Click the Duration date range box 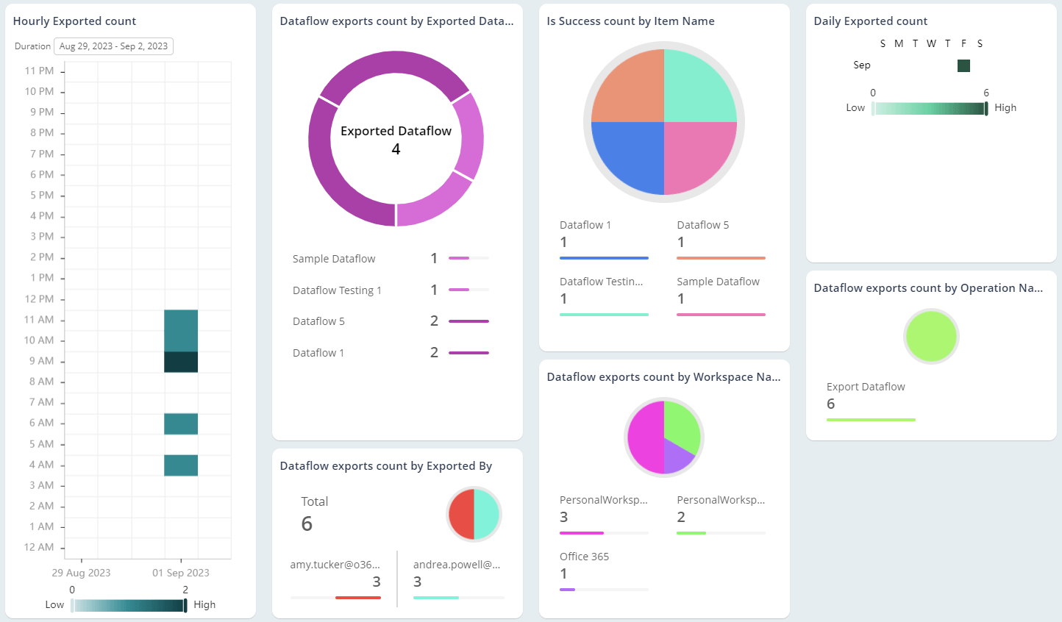click(x=113, y=46)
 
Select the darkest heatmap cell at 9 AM click(x=181, y=362)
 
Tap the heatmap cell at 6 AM click(x=181, y=424)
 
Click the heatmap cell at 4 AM click(x=181, y=465)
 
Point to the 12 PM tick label click(x=39, y=299)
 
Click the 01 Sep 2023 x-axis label click(x=181, y=573)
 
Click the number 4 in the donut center click(x=396, y=149)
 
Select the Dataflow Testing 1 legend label click(x=337, y=290)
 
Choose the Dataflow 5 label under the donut click(x=318, y=321)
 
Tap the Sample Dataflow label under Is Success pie click(x=718, y=282)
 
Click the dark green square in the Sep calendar click(x=963, y=66)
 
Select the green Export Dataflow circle click(x=931, y=336)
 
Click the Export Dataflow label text click(x=866, y=387)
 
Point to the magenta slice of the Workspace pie click(x=644, y=438)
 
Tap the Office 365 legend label click(x=584, y=557)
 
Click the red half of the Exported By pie click(x=462, y=514)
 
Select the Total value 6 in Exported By click(x=307, y=523)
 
